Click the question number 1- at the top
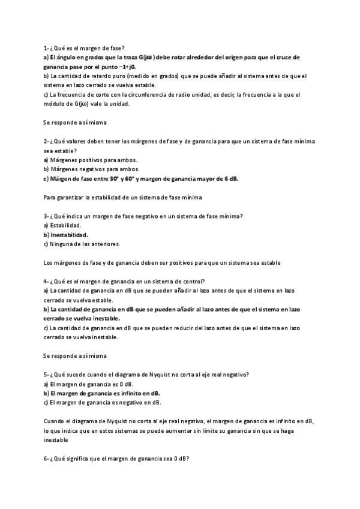click(x=47, y=47)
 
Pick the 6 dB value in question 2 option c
click(x=230, y=178)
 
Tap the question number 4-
click(x=47, y=282)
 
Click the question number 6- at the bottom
click(x=47, y=459)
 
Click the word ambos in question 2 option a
click(x=125, y=160)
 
